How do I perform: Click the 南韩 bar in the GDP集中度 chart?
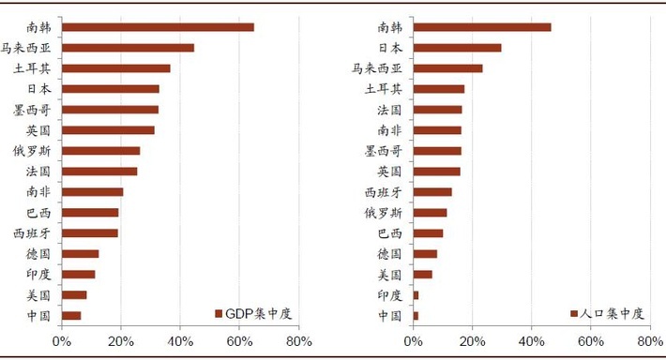click(158, 27)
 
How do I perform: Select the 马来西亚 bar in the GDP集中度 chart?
click(128, 48)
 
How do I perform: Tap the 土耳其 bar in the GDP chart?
click(116, 68)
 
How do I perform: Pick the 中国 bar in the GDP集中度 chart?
click(71, 315)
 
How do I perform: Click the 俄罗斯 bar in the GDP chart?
click(100, 151)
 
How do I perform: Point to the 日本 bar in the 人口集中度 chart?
click(458, 48)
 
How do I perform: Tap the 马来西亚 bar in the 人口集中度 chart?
click(448, 68)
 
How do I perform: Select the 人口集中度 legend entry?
click(607, 313)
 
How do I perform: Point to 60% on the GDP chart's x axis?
click(239, 342)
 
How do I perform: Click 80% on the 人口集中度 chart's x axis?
click(650, 342)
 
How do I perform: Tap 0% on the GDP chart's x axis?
click(61, 342)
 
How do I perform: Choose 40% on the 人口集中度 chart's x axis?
click(532, 342)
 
